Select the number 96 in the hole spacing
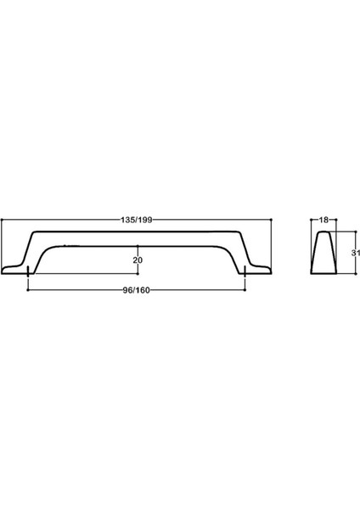pos(127,290)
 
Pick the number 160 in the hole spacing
pos(144,290)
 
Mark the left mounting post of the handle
pos(29,270)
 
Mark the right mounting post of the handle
pos(245,270)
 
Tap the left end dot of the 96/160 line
pos(29,290)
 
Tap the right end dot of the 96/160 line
pos(245,290)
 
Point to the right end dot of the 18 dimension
pos(334,218)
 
